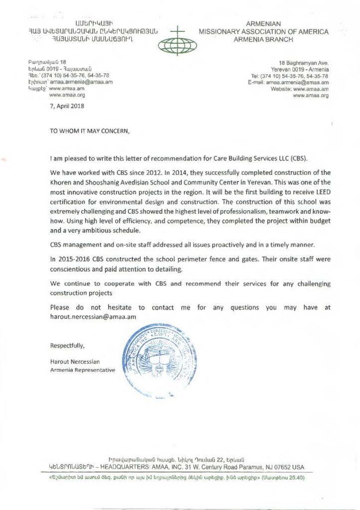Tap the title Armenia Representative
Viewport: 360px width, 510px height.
[x=83, y=370]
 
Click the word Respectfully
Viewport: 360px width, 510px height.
[x=67, y=346]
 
